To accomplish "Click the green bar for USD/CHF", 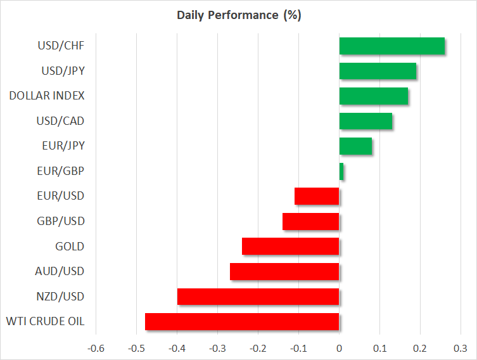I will [391, 46].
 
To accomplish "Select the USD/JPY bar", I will [378, 71].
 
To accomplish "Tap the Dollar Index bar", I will [373, 96].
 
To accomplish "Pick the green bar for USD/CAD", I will [366, 121].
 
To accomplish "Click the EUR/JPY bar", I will [355, 146].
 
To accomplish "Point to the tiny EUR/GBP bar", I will [341, 171].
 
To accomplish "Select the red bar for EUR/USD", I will [317, 196].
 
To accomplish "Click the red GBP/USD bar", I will [310, 221].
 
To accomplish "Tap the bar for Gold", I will [290, 247].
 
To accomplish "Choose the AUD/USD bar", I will [284, 271].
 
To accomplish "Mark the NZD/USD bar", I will [258, 297].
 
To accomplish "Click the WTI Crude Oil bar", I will [242, 321].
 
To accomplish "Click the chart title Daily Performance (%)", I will [238, 15].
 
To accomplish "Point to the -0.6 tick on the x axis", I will [96, 348].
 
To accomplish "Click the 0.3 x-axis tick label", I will [461, 348].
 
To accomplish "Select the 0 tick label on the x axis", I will [339, 348].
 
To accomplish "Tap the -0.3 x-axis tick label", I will [217, 348].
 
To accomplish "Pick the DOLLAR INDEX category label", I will [47, 96].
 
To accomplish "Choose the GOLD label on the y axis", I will [70, 247].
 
